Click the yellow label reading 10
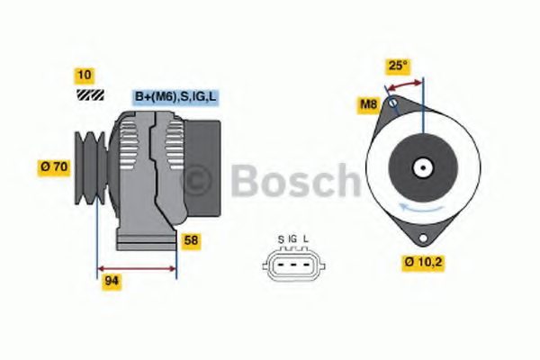[84, 75]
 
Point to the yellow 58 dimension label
[190, 240]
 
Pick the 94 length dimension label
[112, 281]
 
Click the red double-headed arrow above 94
[136, 267]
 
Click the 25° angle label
[398, 65]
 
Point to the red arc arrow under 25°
[405, 83]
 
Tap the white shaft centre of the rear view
[422, 167]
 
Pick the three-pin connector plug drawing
[292, 265]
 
